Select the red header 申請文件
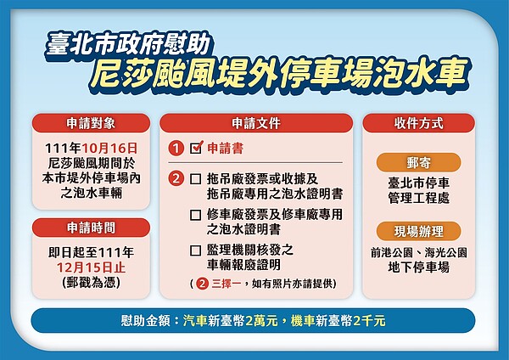[255, 122]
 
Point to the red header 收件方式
[417, 122]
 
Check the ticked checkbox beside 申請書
[196, 148]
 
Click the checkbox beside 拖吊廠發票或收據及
[196, 179]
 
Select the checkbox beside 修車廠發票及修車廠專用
[196, 215]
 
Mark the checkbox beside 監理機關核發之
[196, 250]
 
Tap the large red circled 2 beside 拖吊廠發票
[176, 179]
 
